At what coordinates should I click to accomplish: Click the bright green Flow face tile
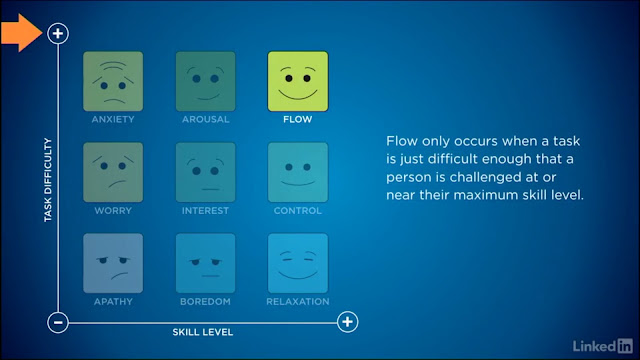298,81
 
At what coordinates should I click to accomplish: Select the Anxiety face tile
113,81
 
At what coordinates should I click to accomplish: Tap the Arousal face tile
205,81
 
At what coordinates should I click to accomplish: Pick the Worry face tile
113,172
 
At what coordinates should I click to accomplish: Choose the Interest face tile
205,172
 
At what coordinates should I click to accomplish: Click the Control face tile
298,172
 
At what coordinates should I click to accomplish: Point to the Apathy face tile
113,263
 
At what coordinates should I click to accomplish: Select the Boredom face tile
205,263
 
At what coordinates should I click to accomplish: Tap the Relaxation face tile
298,263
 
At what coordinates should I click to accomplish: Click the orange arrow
21,33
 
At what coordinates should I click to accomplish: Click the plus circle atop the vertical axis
58,33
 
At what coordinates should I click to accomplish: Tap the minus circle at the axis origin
58,322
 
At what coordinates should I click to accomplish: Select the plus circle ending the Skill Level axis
347,322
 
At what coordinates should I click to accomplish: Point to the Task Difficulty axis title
48,180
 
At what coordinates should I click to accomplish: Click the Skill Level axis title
202,332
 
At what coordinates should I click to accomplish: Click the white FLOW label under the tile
298,119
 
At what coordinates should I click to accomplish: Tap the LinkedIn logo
602,346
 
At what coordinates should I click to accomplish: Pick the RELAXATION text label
298,302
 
